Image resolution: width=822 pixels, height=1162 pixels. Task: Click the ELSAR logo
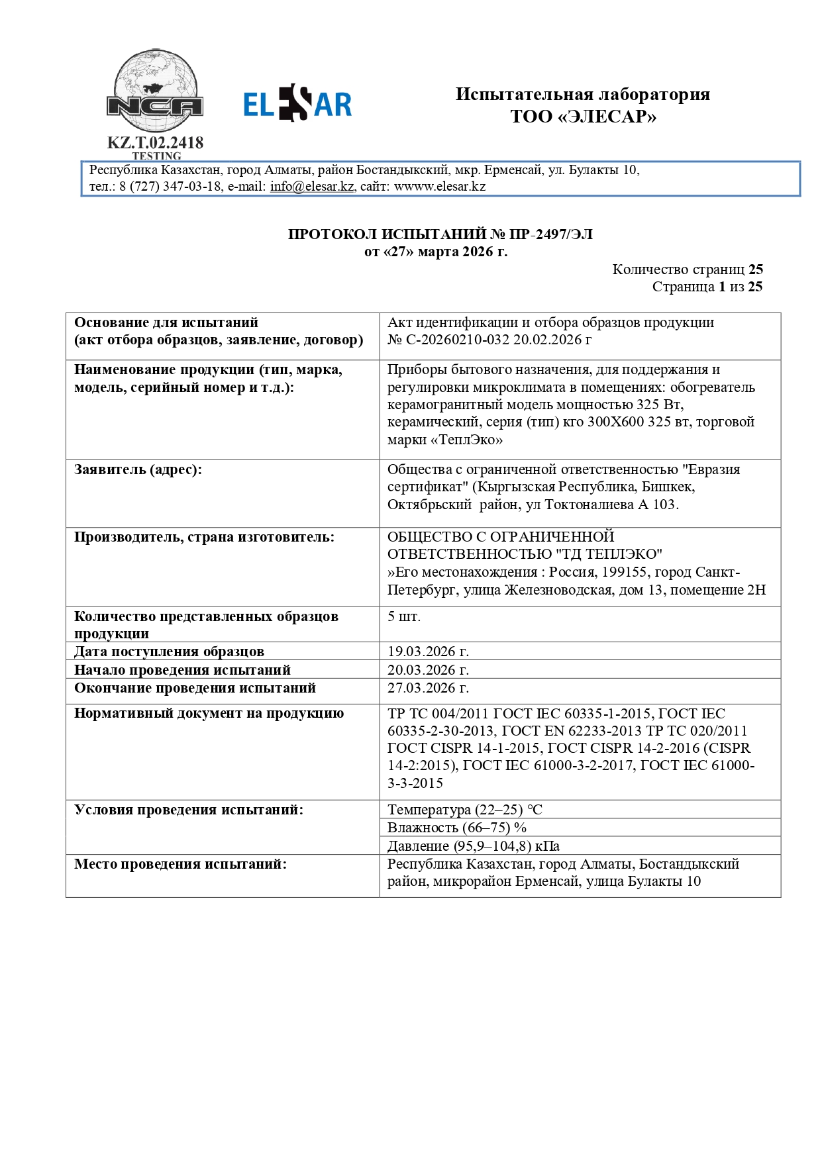pos(297,104)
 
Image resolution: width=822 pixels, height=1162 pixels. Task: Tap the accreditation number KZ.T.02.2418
pos(156,143)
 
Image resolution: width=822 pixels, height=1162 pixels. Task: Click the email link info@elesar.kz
pos(312,187)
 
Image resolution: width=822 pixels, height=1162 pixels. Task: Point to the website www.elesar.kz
pos(440,187)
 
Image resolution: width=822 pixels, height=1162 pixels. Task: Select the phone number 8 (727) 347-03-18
pos(170,187)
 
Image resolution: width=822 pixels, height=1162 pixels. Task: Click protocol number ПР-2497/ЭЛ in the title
pos(550,234)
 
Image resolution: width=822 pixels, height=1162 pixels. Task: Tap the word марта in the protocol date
pos(438,252)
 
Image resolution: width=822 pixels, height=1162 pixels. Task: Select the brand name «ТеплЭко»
pos(445,440)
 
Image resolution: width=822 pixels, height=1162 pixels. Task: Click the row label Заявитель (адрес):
pos(138,469)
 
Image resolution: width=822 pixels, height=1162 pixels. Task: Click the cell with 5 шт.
pos(404,617)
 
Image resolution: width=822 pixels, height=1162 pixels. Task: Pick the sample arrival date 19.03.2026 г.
pos(428,652)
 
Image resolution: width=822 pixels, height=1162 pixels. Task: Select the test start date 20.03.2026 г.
pos(428,670)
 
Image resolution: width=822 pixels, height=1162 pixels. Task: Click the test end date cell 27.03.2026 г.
pos(428,688)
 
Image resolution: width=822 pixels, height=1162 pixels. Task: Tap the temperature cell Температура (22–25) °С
pos(465,810)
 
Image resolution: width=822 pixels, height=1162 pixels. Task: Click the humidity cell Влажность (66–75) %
pos(457,828)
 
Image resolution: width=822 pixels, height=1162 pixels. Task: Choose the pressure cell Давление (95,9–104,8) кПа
pos(474,846)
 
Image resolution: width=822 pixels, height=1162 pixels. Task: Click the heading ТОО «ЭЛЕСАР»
pos(583,117)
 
